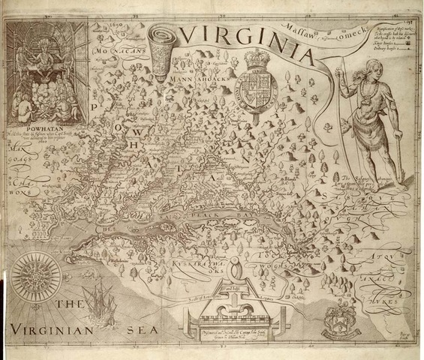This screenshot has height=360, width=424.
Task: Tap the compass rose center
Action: [x=37, y=277]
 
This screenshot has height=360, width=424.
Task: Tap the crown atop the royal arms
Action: [x=257, y=60]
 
